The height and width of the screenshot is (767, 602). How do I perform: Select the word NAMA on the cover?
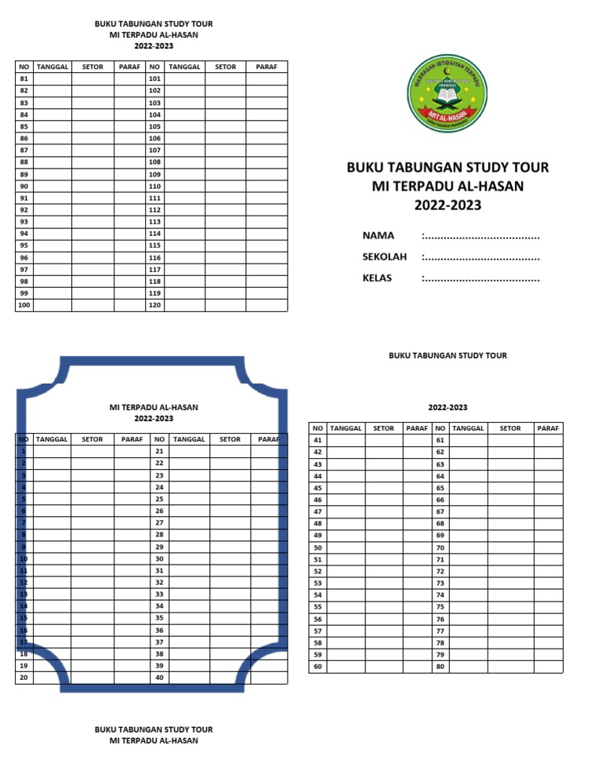378,235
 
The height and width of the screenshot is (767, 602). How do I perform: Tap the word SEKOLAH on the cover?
385,256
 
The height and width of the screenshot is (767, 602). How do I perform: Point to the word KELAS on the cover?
377,278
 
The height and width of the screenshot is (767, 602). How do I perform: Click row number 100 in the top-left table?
24,304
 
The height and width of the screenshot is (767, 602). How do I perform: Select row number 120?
154,304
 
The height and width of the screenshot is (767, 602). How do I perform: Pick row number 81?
24,78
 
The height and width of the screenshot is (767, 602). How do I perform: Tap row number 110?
154,186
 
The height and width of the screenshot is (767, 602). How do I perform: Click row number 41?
317,440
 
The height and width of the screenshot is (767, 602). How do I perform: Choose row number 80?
440,667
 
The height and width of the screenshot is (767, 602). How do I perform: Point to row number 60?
317,667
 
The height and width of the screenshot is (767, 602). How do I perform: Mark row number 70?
440,547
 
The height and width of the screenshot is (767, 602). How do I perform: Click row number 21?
159,451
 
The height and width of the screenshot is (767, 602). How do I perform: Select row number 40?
159,678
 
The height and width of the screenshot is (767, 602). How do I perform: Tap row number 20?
24,678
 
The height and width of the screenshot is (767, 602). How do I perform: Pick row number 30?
159,558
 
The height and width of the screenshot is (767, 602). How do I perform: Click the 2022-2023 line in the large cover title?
448,206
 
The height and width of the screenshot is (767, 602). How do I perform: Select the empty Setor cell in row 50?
384,547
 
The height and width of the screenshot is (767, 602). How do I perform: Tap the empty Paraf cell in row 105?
267,126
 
